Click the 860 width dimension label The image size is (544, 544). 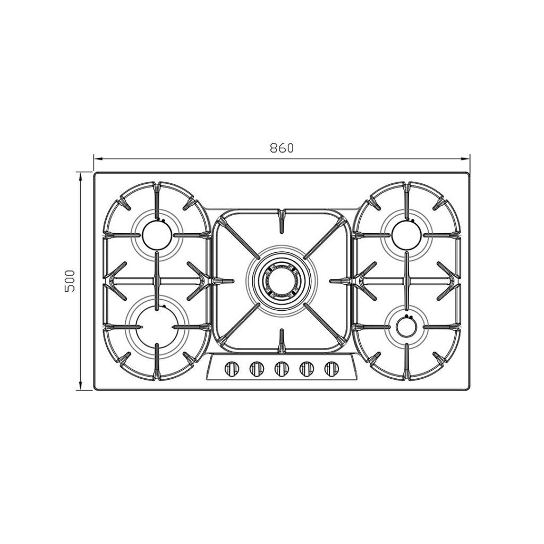click(282, 148)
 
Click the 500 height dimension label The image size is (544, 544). click(70, 280)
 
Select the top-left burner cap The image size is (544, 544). click(157, 235)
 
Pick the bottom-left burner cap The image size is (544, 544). click(157, 327)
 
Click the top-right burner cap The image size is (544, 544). click(406, 235)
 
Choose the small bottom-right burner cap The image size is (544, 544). click(406, 327)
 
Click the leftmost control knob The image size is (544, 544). click(232, 369)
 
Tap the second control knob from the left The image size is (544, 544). click(257, 369)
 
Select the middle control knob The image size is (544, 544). click(282, 369)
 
